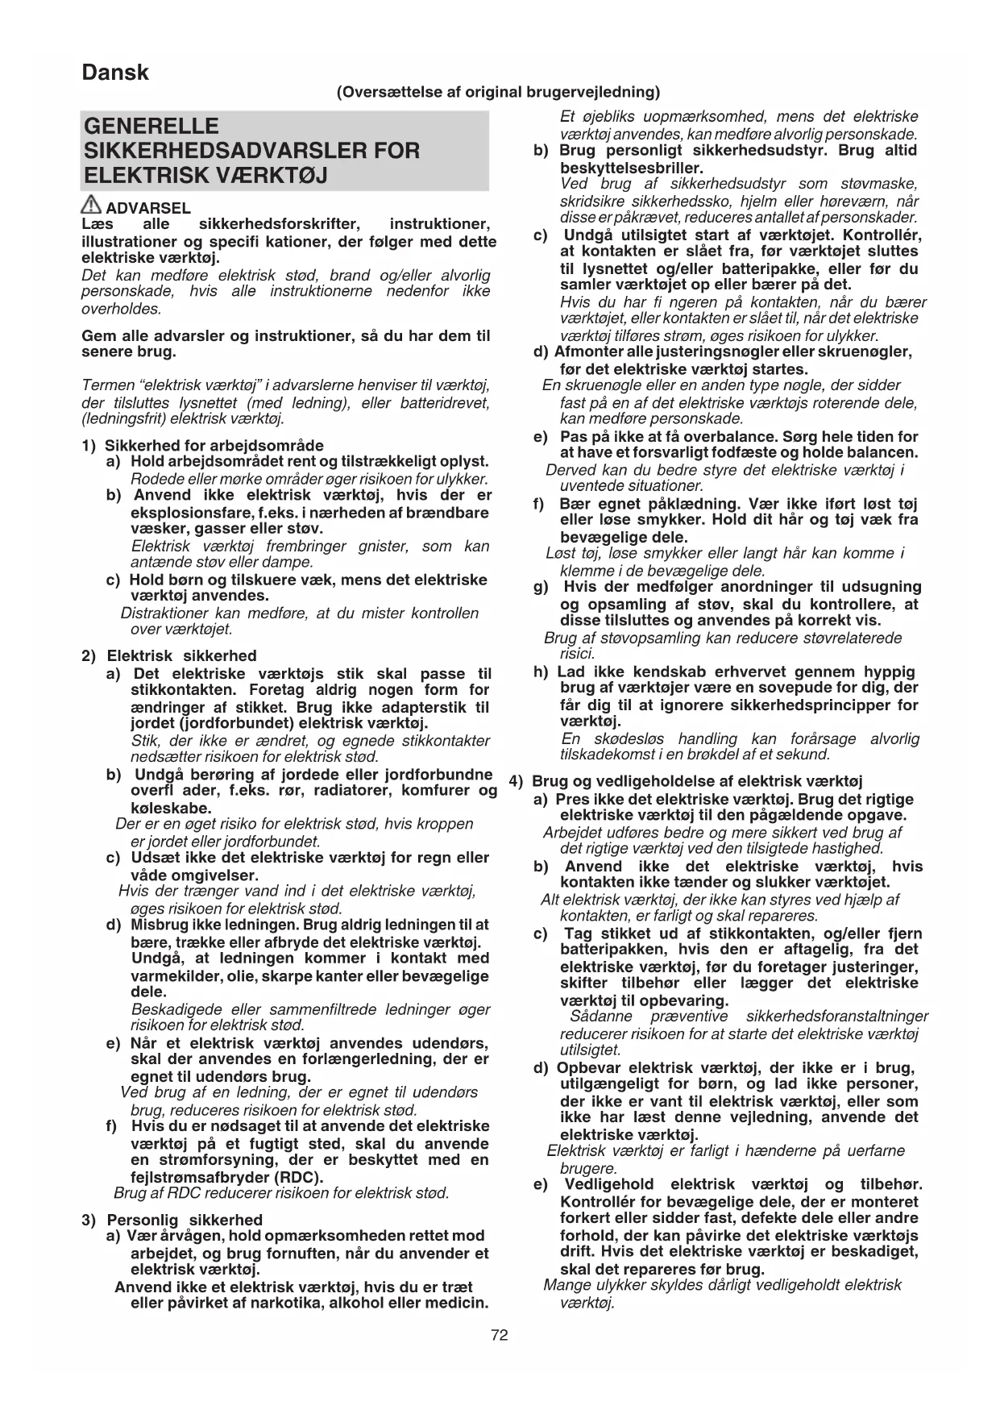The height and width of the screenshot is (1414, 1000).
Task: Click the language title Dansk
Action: (115, 73)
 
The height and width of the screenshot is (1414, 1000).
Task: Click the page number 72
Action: (499, 1335)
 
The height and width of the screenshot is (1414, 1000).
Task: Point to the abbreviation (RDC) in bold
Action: (295, 1176)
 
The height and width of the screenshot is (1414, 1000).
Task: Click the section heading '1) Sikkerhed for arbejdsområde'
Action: (203, 445)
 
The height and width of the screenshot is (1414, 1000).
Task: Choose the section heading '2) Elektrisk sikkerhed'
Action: (169, 655)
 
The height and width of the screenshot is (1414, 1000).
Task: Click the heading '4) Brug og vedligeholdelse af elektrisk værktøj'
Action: (687, 780)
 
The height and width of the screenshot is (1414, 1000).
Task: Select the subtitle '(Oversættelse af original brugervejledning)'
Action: (498, 92)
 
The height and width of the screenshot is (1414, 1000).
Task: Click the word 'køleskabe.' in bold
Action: (171, 808)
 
